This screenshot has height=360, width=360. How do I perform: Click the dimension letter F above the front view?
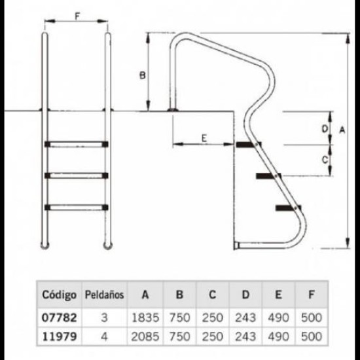(x=77, y=16)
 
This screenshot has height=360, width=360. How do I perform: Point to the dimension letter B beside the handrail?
(x=143, y=75)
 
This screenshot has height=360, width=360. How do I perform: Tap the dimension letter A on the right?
(x=342, y=130)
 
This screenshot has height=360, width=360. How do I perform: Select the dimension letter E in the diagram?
(x=204, y=138)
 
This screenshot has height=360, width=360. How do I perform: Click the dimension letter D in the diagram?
(x=325, y=129)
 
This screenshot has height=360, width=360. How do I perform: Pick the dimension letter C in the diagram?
(x=325, y=160)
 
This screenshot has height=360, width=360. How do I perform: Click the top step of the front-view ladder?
(x=77, y=144)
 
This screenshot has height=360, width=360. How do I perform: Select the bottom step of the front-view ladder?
(x=77, y=207)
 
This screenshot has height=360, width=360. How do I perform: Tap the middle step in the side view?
(x=268, y=176)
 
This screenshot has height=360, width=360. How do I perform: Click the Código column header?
(x=59, y=295)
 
